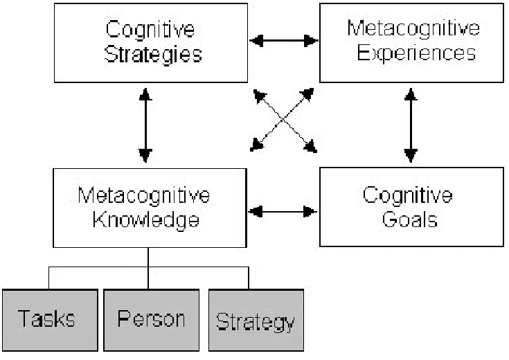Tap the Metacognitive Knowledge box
click(150, 208)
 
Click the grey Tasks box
click(47, 320)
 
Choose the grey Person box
click(151, 320)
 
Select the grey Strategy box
click(256, 321)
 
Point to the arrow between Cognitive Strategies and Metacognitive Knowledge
click(145, 124)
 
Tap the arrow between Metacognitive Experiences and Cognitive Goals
click(411, 124)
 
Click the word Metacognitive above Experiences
click(413, 28)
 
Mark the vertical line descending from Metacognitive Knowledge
click(149, 258)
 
